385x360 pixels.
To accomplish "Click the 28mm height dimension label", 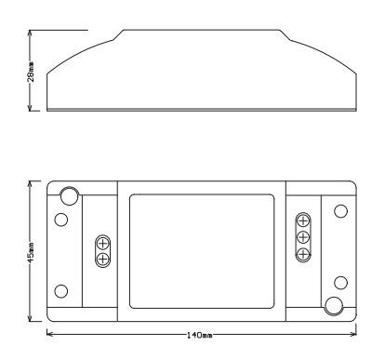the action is coord(31,72).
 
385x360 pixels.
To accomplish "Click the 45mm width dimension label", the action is coord(31,253).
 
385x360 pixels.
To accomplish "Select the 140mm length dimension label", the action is coord(199,335).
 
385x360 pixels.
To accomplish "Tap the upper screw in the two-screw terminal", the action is coord(102,244).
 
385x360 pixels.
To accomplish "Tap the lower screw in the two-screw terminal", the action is coord(102,259).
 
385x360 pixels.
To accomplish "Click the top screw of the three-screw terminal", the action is coord(303,221).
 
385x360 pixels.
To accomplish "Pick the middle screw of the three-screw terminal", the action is coord(303,238).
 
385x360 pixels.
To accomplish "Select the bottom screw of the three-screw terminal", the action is coord(303,254).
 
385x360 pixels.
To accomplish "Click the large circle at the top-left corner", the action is coord(69,196).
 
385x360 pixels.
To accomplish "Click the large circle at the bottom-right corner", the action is coord(334,306).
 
